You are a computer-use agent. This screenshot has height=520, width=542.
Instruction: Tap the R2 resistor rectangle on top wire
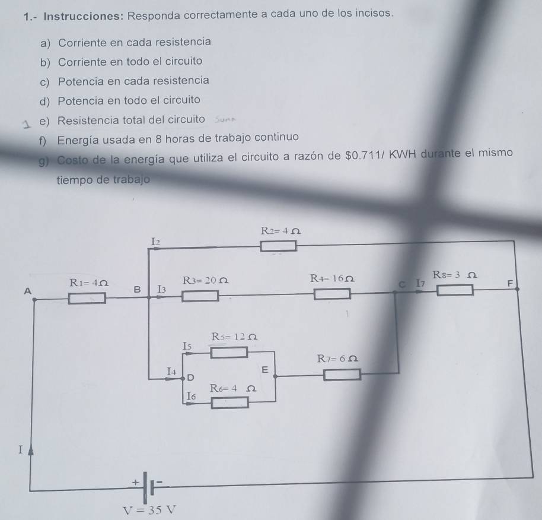click(280, 245)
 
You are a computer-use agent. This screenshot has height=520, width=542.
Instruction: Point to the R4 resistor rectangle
click(332, 293)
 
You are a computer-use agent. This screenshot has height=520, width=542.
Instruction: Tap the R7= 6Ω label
click(337, 359)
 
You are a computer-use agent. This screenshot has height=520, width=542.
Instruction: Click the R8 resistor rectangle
click(455, 290)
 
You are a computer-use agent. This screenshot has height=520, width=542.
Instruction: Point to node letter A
click(25, 291)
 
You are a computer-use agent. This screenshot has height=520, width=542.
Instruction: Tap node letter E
click(265, 370)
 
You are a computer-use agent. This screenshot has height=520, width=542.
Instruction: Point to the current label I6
click(191, 395)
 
